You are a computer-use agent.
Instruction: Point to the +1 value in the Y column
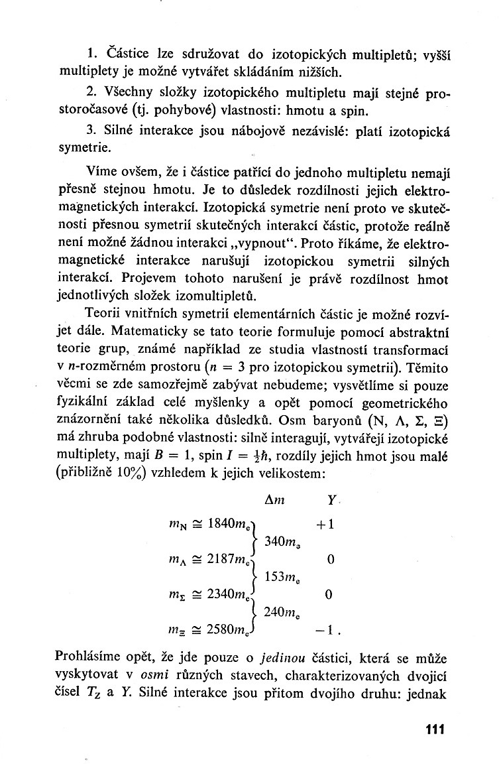[x=325, y=525]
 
